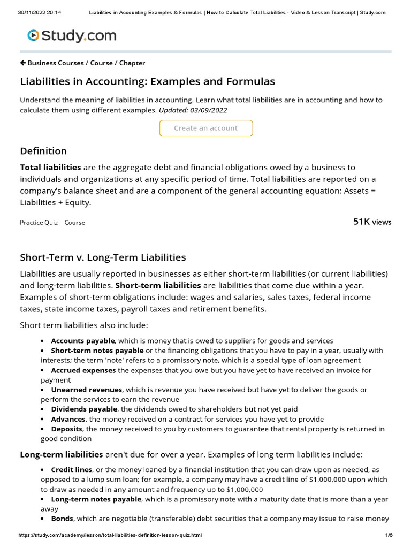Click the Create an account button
[x=206, y=128]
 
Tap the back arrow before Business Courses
[x=23, y=63]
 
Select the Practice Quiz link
[x=39, y=223]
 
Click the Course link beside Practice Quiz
[x=75, y=223]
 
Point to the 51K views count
[x=372, y=222]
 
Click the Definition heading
[x=43, y=151]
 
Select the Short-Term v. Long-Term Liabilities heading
[x=103, y=257]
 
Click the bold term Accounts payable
[x=82, y=341]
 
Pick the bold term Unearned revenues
[x=87, y=390]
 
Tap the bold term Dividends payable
[x=84, y=409]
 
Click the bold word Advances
[x=68, y=419]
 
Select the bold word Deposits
[x=66, y=429]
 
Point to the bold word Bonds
[x=62, y=519]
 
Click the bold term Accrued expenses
[x=83, y=370]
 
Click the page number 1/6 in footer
[x=388, y=535]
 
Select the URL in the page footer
[x=110, y=535]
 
